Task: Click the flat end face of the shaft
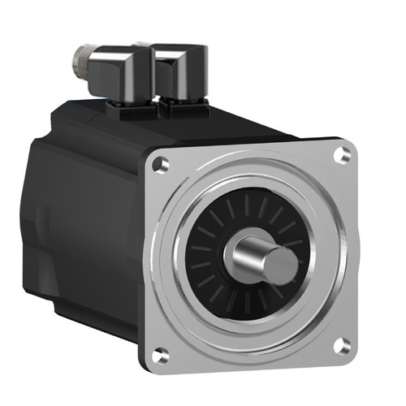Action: click(x=281, y=265)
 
